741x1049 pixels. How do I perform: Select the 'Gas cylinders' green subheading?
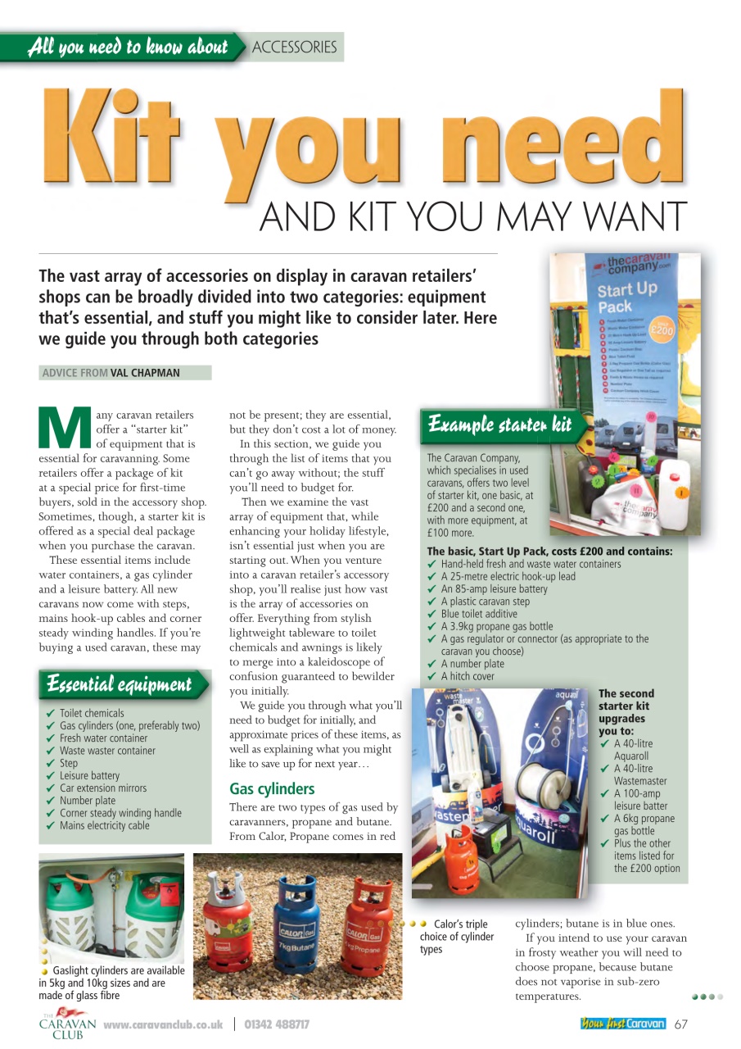tap(272, 789)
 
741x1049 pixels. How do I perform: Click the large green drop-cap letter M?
tap(65, 427)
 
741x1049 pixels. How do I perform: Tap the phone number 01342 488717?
tap(277, 1024)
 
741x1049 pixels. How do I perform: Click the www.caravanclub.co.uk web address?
tap(163, 1024)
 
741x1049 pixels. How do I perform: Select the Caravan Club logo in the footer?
tap(67, 1024)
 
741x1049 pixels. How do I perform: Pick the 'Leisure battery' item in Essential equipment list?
tap(89, 775)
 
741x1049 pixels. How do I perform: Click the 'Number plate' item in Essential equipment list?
tap(88, 801)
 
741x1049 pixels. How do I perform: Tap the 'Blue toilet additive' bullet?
tap(479, 614)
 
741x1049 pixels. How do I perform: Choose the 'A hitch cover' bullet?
tap(468, 676)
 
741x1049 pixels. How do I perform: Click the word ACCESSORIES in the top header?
tap(295, 48)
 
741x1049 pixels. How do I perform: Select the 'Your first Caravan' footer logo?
tap(623, 1024)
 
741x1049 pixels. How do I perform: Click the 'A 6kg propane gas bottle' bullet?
tap(644, 824)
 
